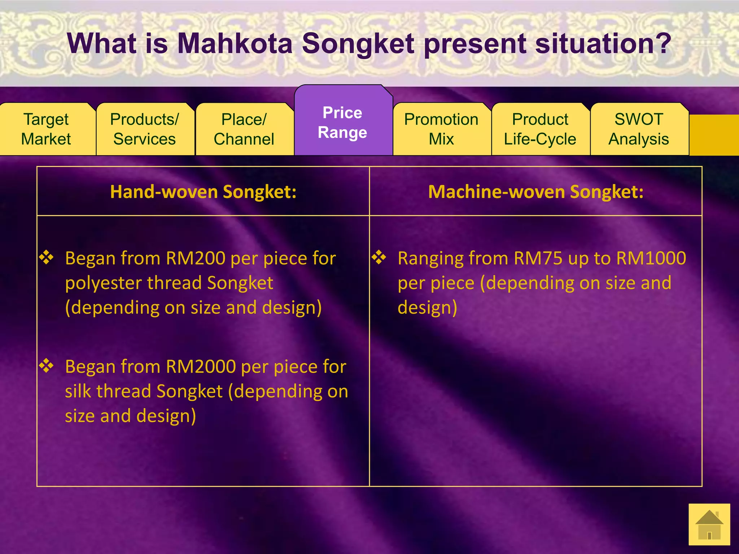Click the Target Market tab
click(46, 129)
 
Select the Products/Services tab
click(145, 129)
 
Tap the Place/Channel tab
click(244, 129)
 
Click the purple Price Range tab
click(343, 123)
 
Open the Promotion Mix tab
click(441, 129)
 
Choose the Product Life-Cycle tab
click(540, 129)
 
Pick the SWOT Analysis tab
click(639, 129)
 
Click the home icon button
click(709, 524)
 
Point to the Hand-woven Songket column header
click(203, 192)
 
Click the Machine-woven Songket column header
click(536, 192)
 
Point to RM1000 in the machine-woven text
click(651, 259)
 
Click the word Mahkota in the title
click(235, 44)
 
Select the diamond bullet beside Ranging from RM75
click(379, 257)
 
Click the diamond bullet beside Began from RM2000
click(47, 365)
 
